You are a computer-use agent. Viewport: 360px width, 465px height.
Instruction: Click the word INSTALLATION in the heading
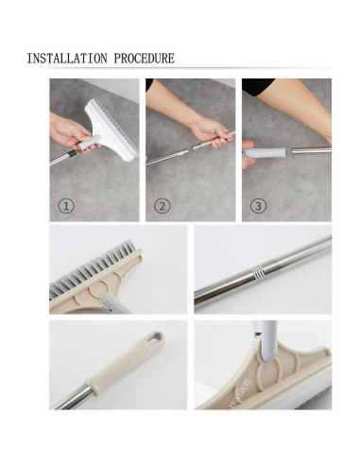coord(67,59)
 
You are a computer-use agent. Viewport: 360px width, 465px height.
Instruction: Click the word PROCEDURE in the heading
coord(145,59)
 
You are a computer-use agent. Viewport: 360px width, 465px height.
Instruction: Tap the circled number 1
coord(66,206)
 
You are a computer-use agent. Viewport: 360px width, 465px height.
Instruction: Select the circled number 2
coord(163,206)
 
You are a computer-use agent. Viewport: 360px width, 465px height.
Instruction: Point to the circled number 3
coord(258,206)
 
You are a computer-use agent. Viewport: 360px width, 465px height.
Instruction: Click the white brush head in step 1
coord(111,129)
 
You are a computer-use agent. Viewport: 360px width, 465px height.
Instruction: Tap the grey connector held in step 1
coord(89,144)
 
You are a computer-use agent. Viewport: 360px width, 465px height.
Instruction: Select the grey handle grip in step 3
coord(265,153)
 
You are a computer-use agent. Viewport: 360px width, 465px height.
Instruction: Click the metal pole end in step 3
coord(311,150)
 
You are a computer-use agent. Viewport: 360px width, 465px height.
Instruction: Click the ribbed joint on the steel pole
coord(257,271)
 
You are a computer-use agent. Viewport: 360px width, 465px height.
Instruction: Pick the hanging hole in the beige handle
coord(155,337)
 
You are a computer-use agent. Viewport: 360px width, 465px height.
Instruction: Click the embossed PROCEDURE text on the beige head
coord(241,393)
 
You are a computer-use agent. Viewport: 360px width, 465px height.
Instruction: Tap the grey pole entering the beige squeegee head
coord(268,340)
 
